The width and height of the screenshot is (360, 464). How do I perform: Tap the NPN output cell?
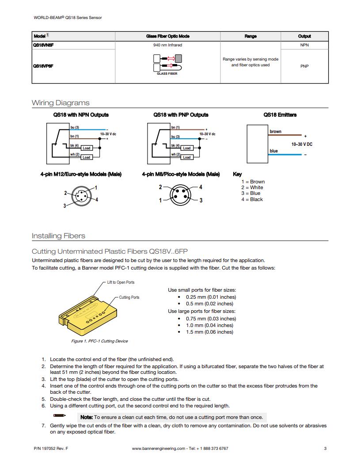point(304,45)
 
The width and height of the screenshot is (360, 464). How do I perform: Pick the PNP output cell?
point(304,66)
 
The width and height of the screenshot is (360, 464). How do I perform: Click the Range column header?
point(250,36)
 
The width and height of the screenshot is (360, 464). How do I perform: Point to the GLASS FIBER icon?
point(167,65)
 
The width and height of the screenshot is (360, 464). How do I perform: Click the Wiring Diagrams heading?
point(61,103)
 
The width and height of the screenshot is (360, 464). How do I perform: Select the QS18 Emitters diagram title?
point(280,115)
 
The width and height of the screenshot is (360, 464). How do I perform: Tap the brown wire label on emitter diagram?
point(275,131)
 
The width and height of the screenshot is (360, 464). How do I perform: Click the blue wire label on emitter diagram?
point(273,151)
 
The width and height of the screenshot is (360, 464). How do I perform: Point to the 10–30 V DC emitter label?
point(302,144)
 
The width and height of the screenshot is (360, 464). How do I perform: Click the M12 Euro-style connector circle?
point(82,196)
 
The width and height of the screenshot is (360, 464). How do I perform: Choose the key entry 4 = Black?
point(252,199)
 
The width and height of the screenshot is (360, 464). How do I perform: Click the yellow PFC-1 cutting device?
point(88,316)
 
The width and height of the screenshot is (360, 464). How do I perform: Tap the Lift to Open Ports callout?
point(121,282)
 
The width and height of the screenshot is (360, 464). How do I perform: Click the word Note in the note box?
point(87,417)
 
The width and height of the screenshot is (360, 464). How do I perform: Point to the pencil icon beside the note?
point(60,415)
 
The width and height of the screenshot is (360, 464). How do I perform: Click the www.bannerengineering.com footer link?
point(159,449)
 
